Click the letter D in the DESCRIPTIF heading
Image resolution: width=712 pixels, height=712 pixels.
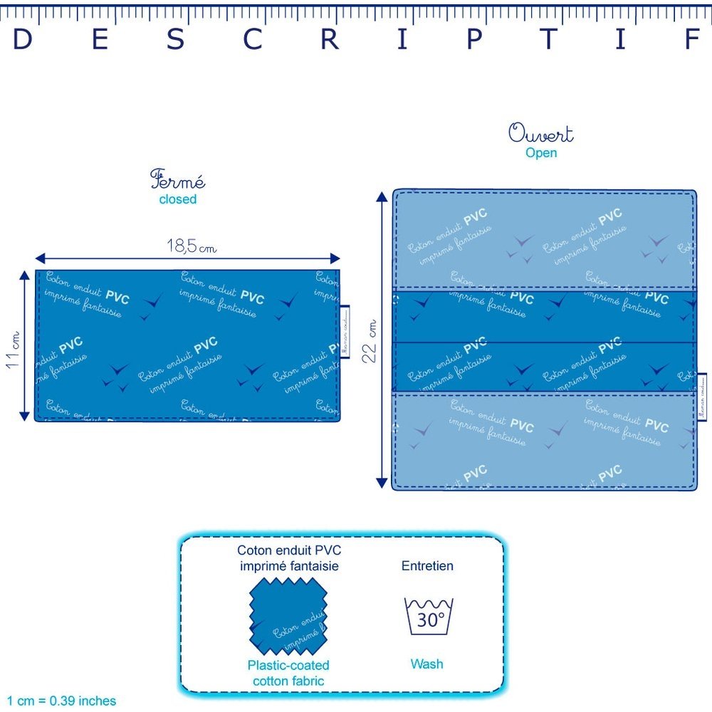pos(23,40)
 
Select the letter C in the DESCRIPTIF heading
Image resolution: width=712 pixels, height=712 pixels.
pos(252,40)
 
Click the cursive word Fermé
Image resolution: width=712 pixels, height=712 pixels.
pos(177,179)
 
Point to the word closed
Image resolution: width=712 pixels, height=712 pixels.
pos(177,199)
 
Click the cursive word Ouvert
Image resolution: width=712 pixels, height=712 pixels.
pos(541,134)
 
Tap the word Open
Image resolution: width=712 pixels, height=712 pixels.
pos(541,153)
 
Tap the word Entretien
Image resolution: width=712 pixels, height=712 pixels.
pos(427,567)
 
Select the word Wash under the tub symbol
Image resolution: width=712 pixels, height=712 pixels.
pos(426,664)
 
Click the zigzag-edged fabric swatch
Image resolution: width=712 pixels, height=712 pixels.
pos(288,617)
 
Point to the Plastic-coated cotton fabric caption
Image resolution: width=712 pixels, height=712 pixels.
pos(288,673)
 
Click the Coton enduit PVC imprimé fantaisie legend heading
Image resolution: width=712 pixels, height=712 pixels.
pos(288,558)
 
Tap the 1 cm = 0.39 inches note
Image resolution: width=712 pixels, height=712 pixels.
pos(62,701)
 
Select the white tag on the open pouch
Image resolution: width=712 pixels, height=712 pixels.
pos(701,397)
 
